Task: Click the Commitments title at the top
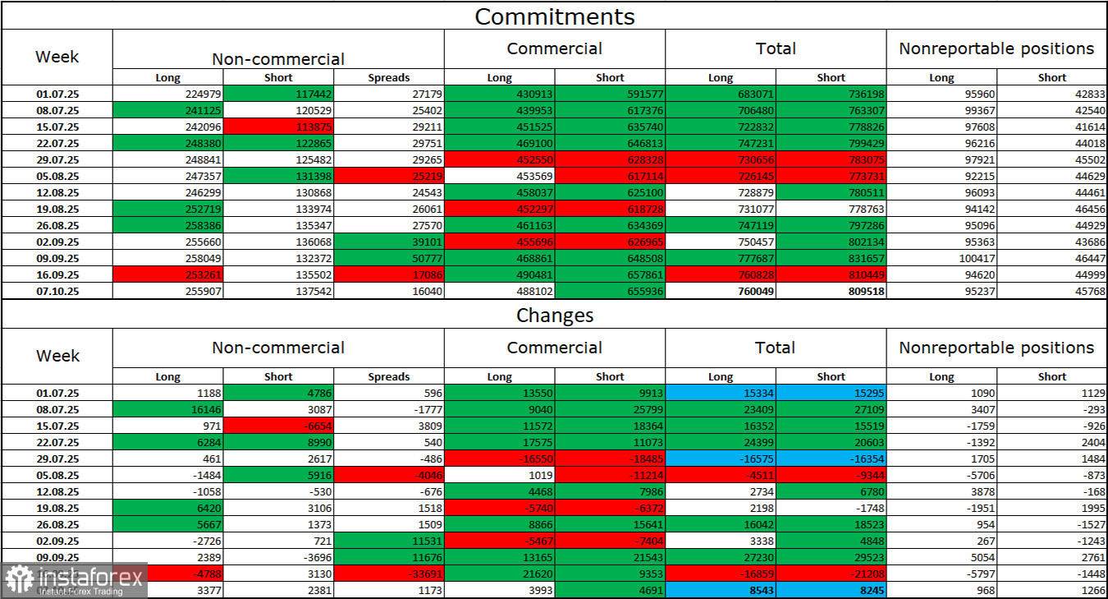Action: [554, 16]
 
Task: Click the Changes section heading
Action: [554, 316]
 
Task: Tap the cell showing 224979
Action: [167, 94]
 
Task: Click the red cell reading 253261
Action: [167, 274]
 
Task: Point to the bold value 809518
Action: [831, 289]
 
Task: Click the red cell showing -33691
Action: [389, 574]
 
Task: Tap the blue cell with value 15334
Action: [720, 394]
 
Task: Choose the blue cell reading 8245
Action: [831, 588]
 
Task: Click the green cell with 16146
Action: [167, 408]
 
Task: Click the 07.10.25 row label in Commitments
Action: [57, 289]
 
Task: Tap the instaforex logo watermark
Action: [74, 580]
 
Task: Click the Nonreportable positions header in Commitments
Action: [996, 49]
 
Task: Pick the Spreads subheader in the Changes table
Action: [389, 376]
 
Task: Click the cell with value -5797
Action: [941, 574]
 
